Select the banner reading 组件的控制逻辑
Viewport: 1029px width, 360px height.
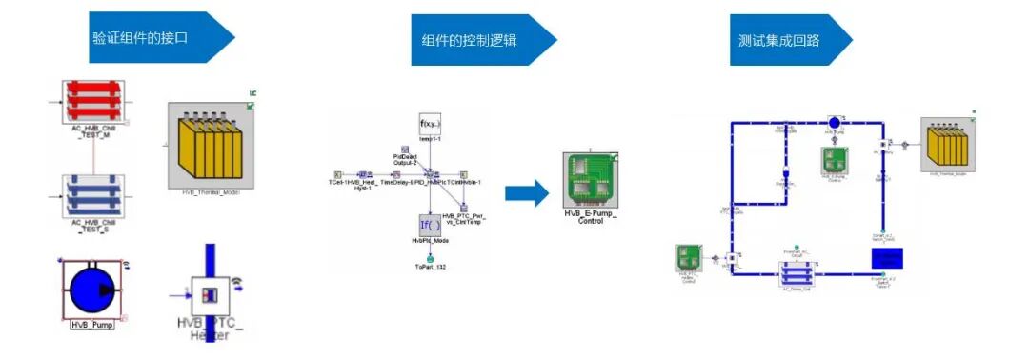click(x=472, y=40)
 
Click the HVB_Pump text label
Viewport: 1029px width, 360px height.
click(x=92, y=325)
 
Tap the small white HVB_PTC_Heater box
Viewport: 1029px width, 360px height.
click(x=206, y=297)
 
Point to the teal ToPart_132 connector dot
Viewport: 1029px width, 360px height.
click(x=431, y=257)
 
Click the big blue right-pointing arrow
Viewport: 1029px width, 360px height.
click(x=525, y=192)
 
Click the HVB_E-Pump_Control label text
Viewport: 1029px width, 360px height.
click(x=590, y=217)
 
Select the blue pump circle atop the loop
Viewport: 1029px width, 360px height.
click(x=835, y=122)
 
